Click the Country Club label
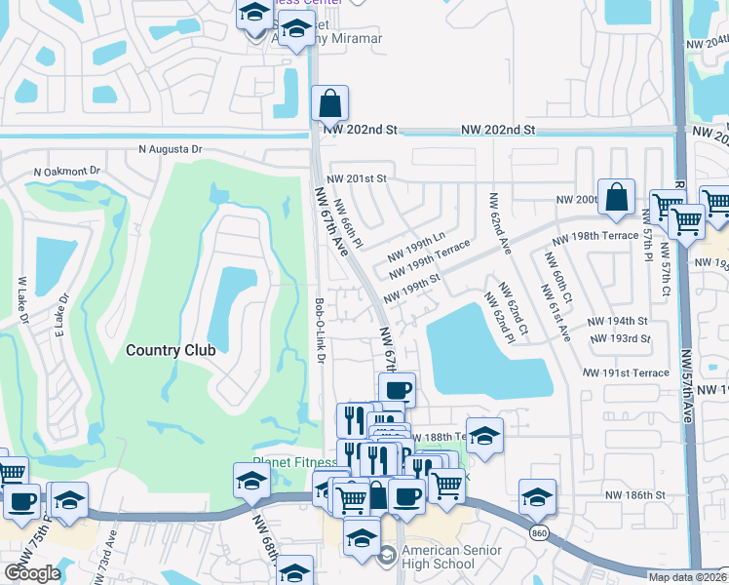171,348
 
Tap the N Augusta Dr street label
170,150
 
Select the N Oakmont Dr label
66,171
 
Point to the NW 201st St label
357,178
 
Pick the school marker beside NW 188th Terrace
484,436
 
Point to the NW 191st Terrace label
626,373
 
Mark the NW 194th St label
617,321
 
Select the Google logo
31,572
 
